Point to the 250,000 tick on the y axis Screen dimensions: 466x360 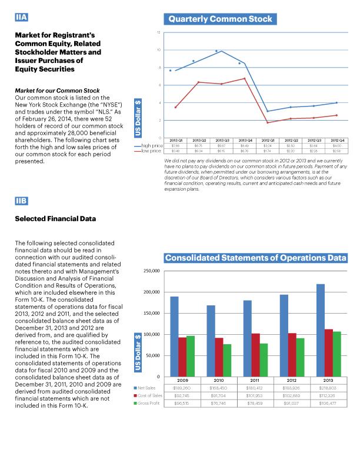pyautogui.click(x=152, y=271)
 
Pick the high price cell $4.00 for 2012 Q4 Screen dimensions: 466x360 pyautogui.click(x=337, y=145)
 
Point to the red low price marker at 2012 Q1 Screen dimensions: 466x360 pyautogui.click(x=268, y=122)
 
